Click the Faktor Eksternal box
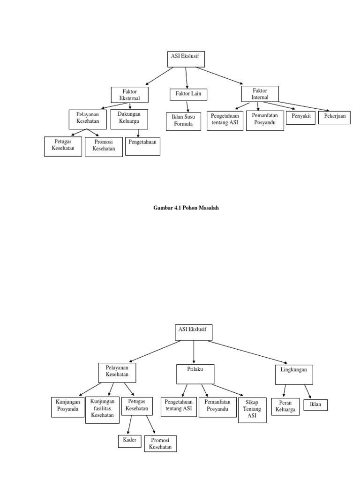pyautogui.click(x=130, y=95)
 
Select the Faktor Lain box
pyautogui.click(x=188, y=95)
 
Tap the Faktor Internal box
pyautogui.click(x=260, y=94)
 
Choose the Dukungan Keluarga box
pyautogui.click(x=129, y=119)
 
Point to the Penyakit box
pyautogui.click(x=300, y=117)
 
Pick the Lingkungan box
pyautogui.click(x=293, y=374)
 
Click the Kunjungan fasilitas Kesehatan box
pyautogui.click(x=102, y=410)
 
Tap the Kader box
pyautogui.click(x=129, y=441)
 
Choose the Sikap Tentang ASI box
pyautogui.click(x=252, y=410)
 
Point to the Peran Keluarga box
pyautogui.click(x=285, y=406)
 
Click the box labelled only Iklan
pyautogui.click(x=315, y=405)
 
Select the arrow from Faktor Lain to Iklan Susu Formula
pyautogui.click(x=187, y=106)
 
